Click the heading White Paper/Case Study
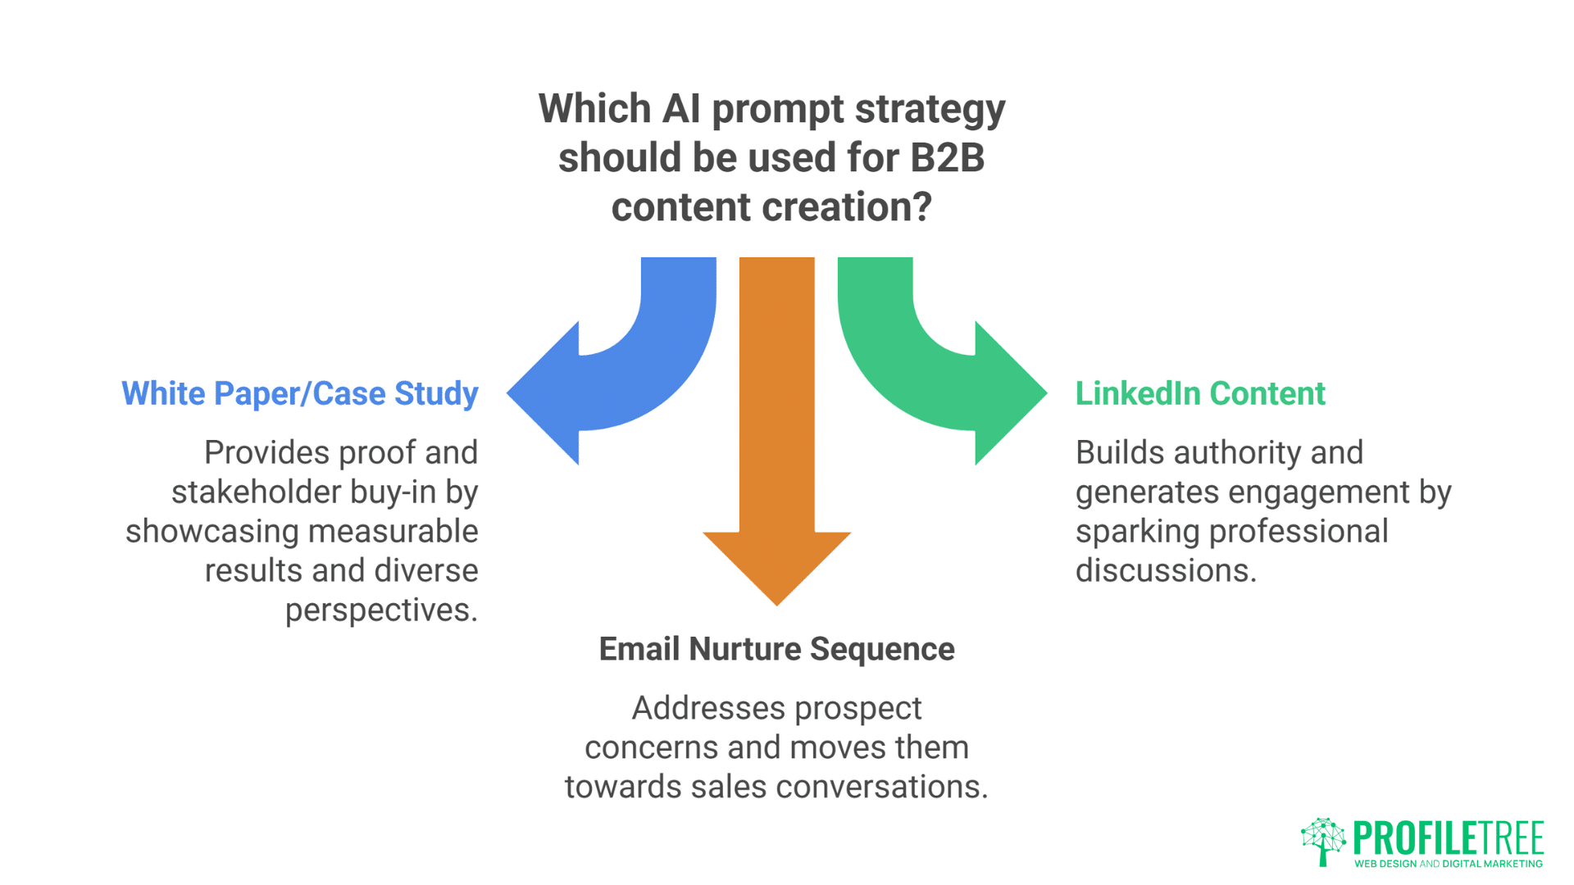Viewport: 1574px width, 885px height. click(300, 394)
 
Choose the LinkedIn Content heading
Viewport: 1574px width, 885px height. click(1200, 394)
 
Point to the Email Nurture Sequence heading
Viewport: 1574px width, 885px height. click(776, 649)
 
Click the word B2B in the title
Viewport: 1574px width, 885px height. click(947, 157)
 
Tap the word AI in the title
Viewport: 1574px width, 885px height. click(681, 109)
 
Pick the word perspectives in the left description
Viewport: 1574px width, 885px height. click(381, 610)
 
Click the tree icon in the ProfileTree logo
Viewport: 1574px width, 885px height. click(1323, 841)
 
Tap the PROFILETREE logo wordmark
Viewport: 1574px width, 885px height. click(1449, 837)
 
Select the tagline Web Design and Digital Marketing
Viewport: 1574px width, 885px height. click(1449, 864)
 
